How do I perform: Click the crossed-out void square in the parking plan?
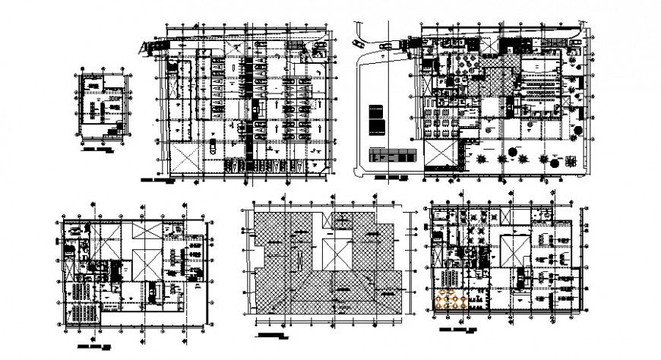(x=185, y=159)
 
